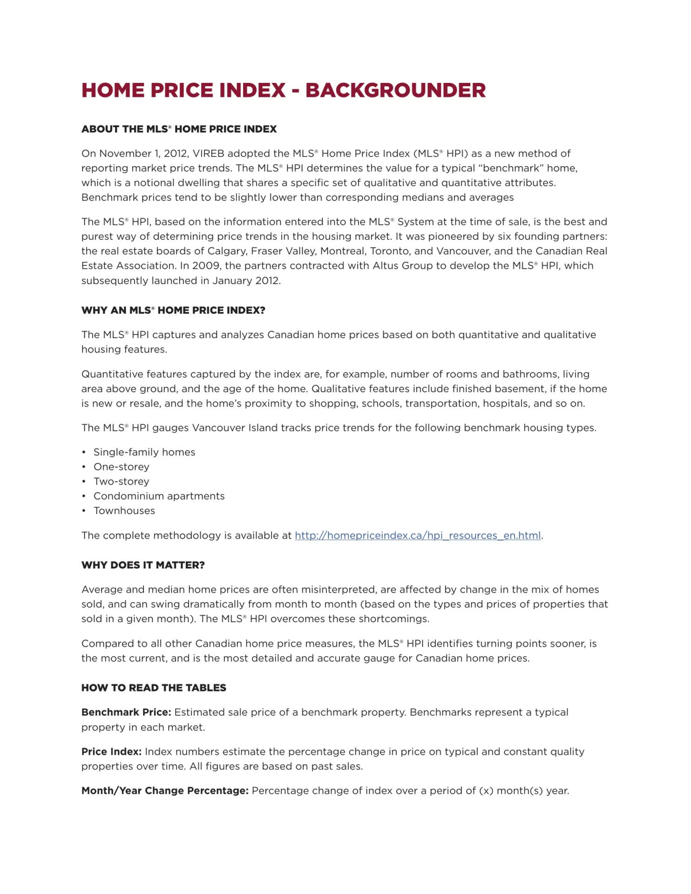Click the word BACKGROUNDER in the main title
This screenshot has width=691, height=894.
[395, 90]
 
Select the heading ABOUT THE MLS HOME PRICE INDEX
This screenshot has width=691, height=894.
[179, 129]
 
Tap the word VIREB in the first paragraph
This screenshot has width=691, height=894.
[208, 154]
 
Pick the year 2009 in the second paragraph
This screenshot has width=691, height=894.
[206, 266]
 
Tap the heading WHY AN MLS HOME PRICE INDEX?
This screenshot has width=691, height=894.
[173, 311]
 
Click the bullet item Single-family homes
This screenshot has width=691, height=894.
[144, 452]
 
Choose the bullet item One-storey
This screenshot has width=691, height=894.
[122, 467]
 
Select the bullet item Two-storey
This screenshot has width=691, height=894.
[122, 481]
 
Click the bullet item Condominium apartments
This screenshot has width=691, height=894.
[159, 496]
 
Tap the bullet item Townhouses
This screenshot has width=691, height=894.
[124, 511]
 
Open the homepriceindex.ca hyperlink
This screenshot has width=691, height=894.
[418, 535]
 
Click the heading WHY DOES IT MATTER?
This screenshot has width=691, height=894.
[143, 565]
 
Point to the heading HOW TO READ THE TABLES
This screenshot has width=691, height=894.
[154, 688]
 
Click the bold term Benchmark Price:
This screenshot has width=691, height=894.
[126, 712]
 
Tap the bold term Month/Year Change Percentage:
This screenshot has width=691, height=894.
[165, 791]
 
